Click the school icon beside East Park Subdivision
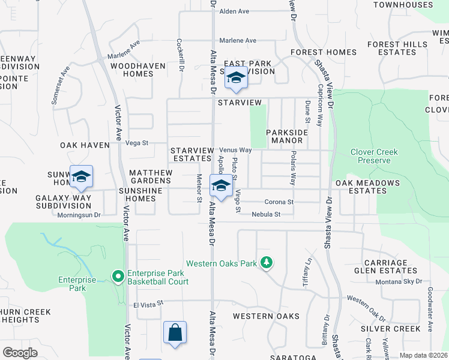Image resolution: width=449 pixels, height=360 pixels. tap(236, 79)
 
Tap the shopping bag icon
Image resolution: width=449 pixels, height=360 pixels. tap(175, 332)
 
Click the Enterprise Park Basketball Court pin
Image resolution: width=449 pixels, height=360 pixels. tap(118, 277)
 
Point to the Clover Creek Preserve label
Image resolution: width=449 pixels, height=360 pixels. tap(374, 156)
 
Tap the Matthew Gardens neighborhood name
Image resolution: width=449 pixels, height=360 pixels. tap(151, 176)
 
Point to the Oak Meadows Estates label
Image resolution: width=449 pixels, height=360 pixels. tap(368, 187)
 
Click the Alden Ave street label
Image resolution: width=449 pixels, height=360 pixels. tap(234, 11)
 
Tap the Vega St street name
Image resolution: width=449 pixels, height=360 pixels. tap(137, 143)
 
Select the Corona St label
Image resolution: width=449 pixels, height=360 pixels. tap(279, 202)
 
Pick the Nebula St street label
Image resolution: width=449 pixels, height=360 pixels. tap(267, 214)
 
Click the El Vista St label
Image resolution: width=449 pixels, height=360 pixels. tap(148, 304)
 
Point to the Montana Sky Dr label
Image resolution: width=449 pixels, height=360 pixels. tap(399, 282)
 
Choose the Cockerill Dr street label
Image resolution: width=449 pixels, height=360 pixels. tap(180, 56)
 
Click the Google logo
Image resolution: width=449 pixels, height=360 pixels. tap(20, 353)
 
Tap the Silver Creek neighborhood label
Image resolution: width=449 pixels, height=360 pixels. tap(391, 329)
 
